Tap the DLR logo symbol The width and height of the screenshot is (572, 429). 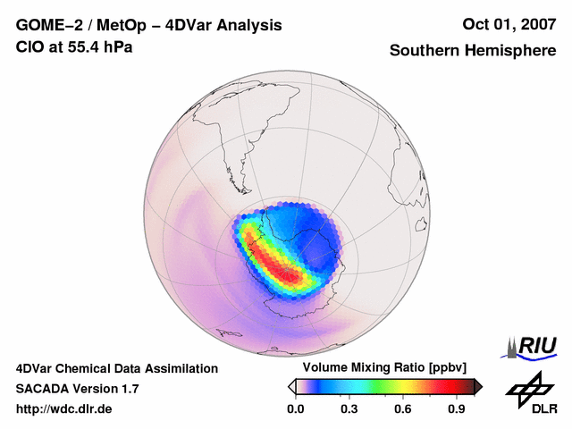pos(530,386)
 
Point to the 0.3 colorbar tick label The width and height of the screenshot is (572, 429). pos(349,409)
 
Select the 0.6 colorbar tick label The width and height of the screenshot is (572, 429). pos(403,409)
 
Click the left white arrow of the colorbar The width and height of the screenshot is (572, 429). pos(291,386)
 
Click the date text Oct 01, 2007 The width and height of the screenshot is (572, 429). pos(506,25)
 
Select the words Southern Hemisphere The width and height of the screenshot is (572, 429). pos(473,51)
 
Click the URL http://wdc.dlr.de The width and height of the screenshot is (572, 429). pos(64,409)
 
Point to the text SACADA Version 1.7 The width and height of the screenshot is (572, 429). pos(77,389)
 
